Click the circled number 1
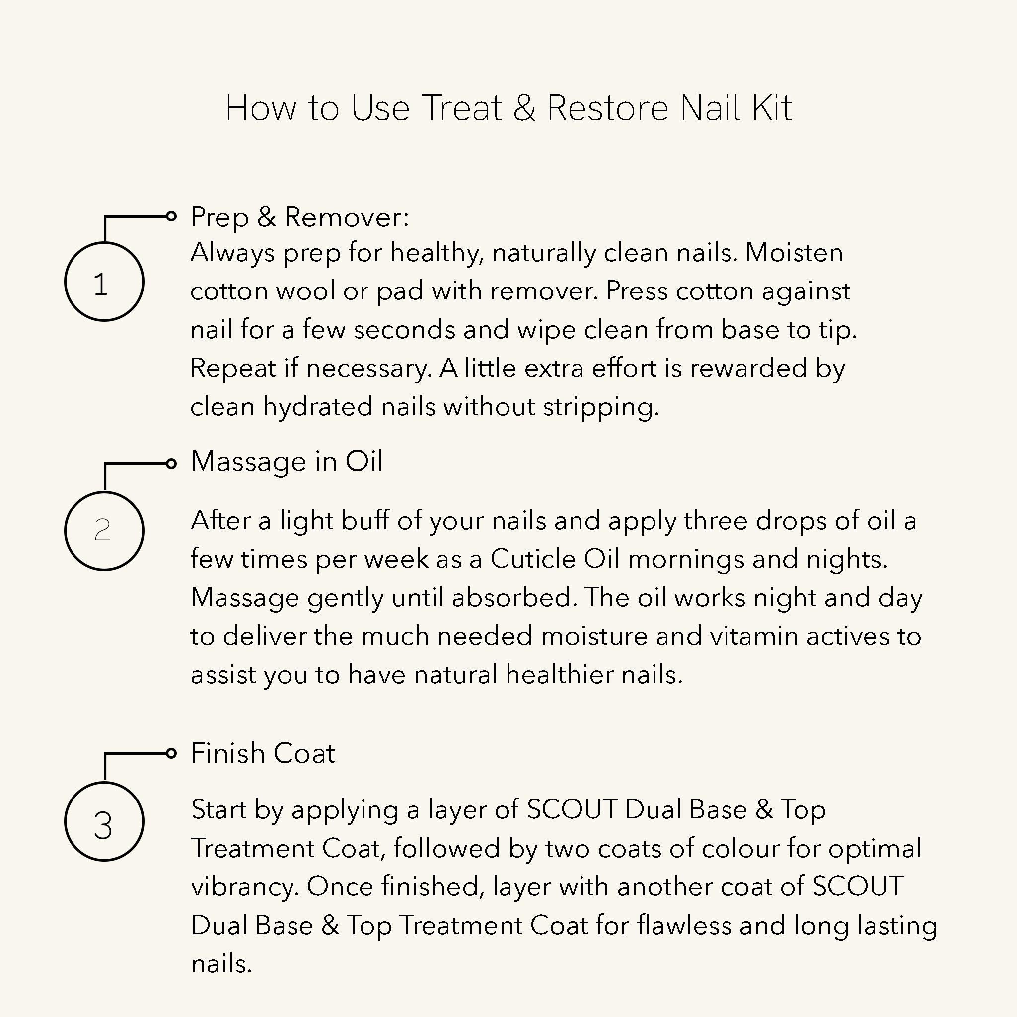104,282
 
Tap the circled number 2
104,531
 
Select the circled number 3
104,822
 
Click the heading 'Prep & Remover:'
299,217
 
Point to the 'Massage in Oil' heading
287,462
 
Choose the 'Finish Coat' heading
263,753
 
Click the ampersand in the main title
524,108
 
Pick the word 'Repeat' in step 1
233,368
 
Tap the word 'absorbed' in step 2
511,597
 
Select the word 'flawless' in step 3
684,926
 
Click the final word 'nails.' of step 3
221,964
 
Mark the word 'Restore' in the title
607,108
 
